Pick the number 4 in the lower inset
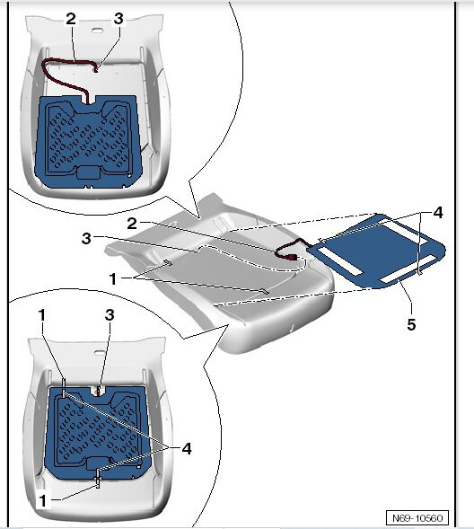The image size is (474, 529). click(x=185, y=448)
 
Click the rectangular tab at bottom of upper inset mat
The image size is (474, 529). click(x=90, y=171)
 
